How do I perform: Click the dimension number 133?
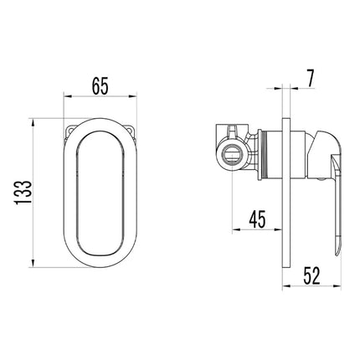click(23, 193)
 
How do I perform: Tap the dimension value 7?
click(311, 79)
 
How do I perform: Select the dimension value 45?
click(257, 219)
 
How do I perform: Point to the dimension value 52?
click(311, 275)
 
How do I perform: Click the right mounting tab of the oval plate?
click(131, 131)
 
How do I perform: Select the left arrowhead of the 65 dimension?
click(68, 96)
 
